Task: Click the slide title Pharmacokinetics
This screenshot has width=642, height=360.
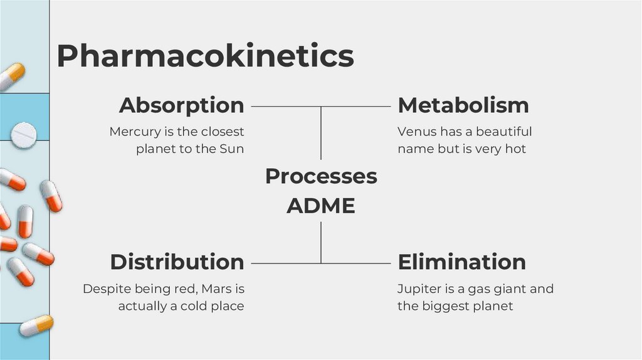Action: click(205, 56)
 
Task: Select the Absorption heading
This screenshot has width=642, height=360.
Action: click(181, 105)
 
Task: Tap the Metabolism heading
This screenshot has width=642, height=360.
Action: click(463, 105)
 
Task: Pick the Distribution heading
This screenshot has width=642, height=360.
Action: click(177, 262)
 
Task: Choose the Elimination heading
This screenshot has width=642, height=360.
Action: click(462, 262)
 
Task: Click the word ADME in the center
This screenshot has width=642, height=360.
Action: click(320, 206)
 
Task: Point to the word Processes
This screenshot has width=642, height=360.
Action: click(321, 176)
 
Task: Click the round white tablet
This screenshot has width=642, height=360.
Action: click(24, 133)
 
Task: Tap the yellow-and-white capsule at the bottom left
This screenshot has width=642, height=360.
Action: click(36, 326)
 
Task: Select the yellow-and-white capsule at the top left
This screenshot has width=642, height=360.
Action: click(11, 77)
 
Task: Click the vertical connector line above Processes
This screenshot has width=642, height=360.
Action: click(322, 132)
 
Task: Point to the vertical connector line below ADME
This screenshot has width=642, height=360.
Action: click(322, 242)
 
